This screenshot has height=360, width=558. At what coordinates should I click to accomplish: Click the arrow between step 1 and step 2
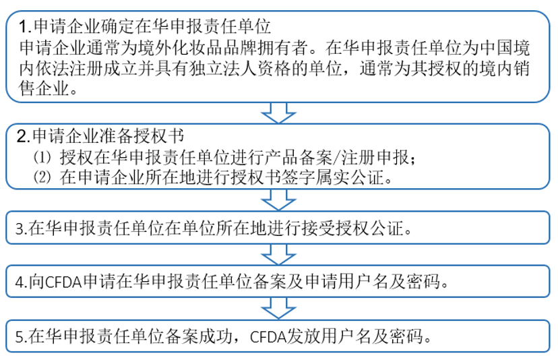[278, 113]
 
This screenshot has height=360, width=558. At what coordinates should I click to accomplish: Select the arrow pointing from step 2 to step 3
[278, 200]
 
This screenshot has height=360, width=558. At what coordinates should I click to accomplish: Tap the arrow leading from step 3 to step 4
[278, 254]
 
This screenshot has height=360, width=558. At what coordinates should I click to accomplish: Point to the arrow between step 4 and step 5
[278, 308]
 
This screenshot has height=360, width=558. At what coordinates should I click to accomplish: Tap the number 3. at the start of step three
[22, 229]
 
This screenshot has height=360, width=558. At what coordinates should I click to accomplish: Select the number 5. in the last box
[22, 336]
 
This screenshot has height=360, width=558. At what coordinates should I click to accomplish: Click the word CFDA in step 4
[64, 282]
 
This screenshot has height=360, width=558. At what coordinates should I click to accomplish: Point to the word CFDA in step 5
[268, 336]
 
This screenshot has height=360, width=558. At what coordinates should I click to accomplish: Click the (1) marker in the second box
[42, 157]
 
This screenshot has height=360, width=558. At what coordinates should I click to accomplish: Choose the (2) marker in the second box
[42, 177]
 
